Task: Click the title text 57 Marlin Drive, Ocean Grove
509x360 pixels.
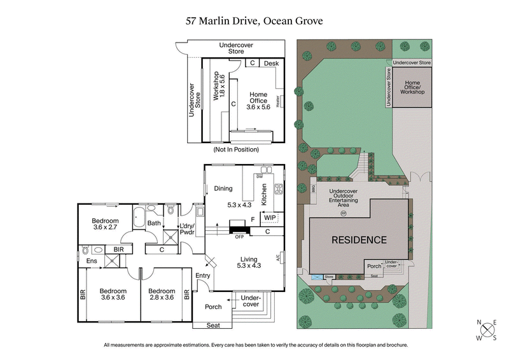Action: [254, 21]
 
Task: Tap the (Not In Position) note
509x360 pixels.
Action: [236, 149]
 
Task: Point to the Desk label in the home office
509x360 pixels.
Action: [272, 64]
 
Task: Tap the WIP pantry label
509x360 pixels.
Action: [270, 218]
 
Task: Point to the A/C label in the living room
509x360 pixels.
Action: [279, 258]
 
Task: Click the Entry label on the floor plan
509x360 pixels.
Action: [203, 275]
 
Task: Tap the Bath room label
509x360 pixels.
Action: [154, 223]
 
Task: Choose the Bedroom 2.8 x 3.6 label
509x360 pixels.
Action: [162, 294]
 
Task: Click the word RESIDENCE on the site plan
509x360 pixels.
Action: [358, 240]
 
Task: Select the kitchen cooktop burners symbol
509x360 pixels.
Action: [277, 188]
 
